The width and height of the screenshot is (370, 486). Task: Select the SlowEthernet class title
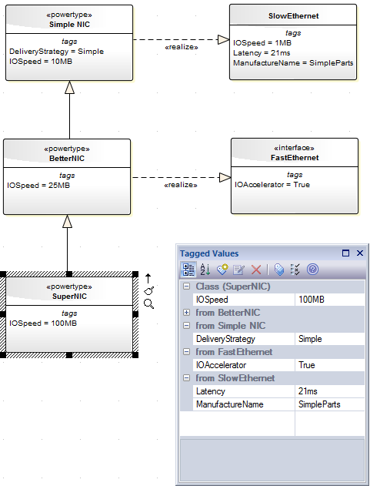point(293,15)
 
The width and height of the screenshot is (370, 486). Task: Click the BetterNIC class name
point(68,158)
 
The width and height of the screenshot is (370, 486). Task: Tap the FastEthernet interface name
point(294,158)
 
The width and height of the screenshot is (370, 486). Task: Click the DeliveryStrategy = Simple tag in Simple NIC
point(56,52)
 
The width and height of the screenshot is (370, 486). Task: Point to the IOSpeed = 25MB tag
point(38,185)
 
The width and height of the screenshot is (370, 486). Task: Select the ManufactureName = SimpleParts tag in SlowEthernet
point(293,63)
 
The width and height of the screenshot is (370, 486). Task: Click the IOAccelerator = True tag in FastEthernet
point(272,185)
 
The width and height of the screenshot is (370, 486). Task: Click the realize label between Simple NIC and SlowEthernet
point(182,47)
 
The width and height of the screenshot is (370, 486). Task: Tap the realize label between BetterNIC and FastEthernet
point(182,186)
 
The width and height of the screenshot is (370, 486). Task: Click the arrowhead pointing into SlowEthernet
point(223,39)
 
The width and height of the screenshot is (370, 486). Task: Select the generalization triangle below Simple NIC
point(70,88)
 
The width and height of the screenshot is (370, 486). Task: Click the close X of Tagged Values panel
point(359,253)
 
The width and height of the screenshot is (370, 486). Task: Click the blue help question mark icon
point(312,269)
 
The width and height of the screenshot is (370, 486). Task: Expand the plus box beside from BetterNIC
point(187,313)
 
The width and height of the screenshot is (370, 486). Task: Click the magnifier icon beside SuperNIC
point(149,304)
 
